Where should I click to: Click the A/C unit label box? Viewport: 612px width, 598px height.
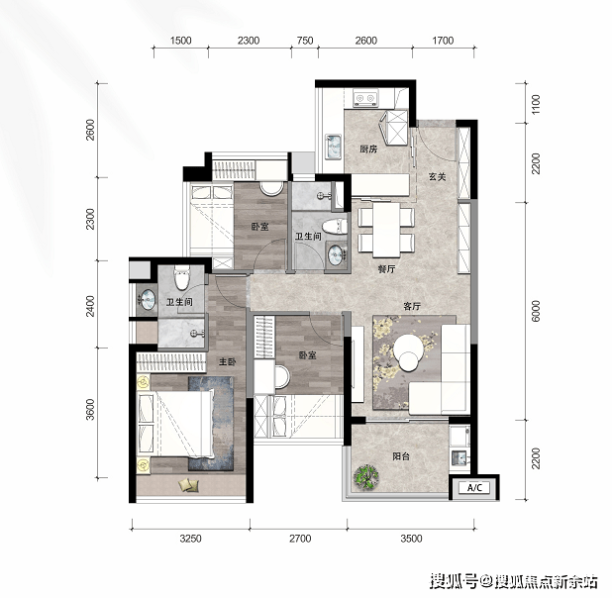(x=474, y=487)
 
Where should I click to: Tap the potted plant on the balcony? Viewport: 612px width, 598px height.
(x=366, y=476)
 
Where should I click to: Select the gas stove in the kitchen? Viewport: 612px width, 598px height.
(x=365, y=98)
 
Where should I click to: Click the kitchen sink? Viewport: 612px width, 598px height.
(x=334, y=147)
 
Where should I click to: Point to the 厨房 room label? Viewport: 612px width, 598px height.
(x=368, y=149)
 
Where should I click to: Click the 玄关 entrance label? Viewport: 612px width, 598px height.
(x=437, y=177)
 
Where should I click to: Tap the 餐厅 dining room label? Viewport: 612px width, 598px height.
(x=386, y=268)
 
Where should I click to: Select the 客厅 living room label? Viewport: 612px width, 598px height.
(x=412, y=306)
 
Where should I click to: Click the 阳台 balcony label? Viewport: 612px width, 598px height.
(x=401, y=455)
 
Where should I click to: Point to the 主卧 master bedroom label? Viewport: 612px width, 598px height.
(x=227, y=361)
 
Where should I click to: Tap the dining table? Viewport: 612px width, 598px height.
(x=386, y=230)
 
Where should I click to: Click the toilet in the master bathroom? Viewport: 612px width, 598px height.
(x=181, y=277)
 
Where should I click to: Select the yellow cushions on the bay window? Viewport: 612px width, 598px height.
(x=188, y=484)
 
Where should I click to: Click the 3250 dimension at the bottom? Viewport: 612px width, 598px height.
(x=190, y=539)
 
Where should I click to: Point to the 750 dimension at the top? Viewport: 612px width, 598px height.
(x=305, y=41)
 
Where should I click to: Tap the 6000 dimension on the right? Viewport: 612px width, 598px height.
(x=536, y=311)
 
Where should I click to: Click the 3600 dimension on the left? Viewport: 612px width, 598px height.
(x=90, y=410)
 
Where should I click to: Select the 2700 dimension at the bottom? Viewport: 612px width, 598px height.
(x=300, y=539)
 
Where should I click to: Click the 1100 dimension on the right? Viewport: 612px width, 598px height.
(x=536, y=104)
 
